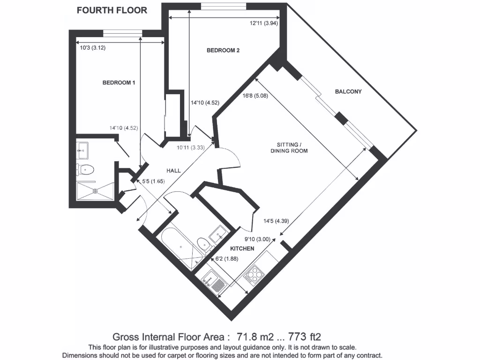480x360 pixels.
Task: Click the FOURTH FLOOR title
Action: pyautogui.click(x=112, y=10)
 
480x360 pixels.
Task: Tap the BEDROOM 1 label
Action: pyautogui.click(x=119, y=83)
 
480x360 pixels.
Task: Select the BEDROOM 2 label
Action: pyautogui.click(x=223, y=51)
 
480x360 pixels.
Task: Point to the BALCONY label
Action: pyautogui.click(x=348, y=92)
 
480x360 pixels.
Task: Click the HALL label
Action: pyautogui.click(x=173, y=171)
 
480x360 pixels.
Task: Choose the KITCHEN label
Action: pyautogui.click(x=242, y=248)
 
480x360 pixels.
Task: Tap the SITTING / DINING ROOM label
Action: pyautogui.click(x=289, y=147)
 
